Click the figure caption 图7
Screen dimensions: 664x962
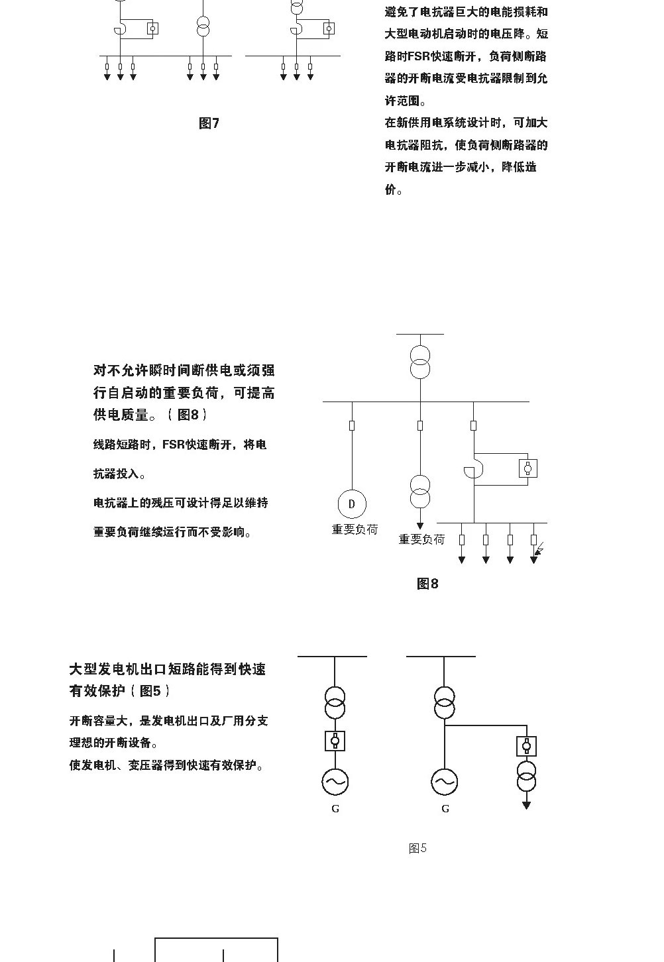point(209,123)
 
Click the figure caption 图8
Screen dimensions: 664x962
point(427,584)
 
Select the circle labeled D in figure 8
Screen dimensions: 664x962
point(352,504)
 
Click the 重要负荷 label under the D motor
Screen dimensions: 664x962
point(355,529)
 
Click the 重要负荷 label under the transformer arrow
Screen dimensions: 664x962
point(421,539)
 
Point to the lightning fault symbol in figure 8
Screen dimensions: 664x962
point(540,549)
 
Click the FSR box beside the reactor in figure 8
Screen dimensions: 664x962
point(528,468)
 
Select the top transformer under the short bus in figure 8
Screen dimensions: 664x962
point(420,362)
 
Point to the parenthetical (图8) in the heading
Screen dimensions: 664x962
point(188,415)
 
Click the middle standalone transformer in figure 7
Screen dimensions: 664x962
point(203,27)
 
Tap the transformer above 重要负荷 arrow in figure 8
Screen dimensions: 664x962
point(420,492)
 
